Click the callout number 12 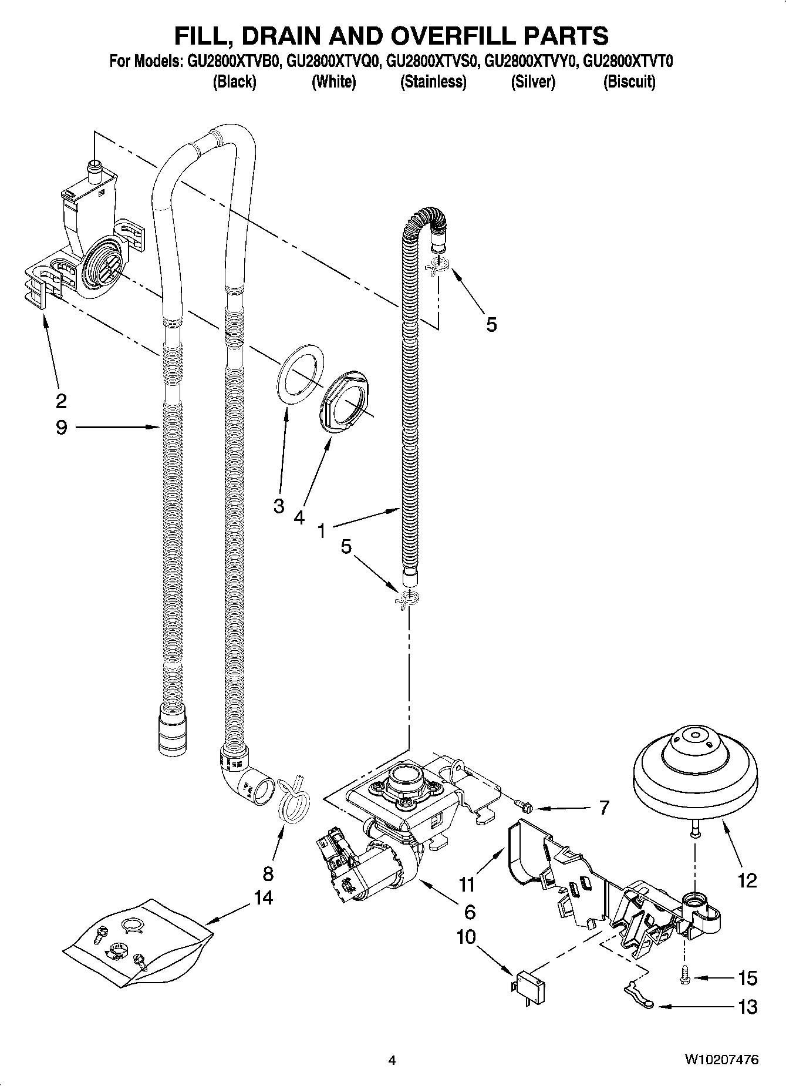pos(747,880)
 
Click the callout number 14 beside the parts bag pos(264,897)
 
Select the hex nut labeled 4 pos(346,401)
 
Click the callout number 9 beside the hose pos(62,427)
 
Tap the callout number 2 pos(61,401)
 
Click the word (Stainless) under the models pos(433,82)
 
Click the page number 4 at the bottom pos(392,1060)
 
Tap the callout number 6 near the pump pos(470,912)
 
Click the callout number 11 pos(467,883)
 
